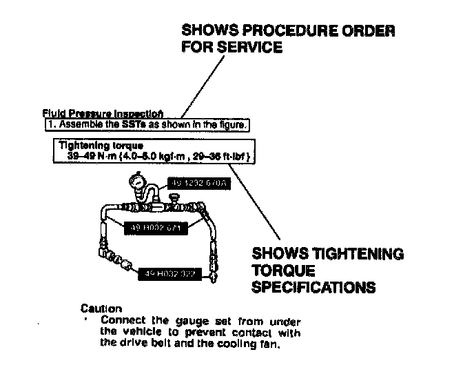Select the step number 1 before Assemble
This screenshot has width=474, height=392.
50,125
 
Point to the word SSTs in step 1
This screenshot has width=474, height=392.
115,125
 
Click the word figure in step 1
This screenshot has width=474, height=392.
231,125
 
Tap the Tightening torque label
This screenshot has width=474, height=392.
91,146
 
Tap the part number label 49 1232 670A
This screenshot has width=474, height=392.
200,184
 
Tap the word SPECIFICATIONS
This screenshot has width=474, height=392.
314,285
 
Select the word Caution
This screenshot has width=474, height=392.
101,308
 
